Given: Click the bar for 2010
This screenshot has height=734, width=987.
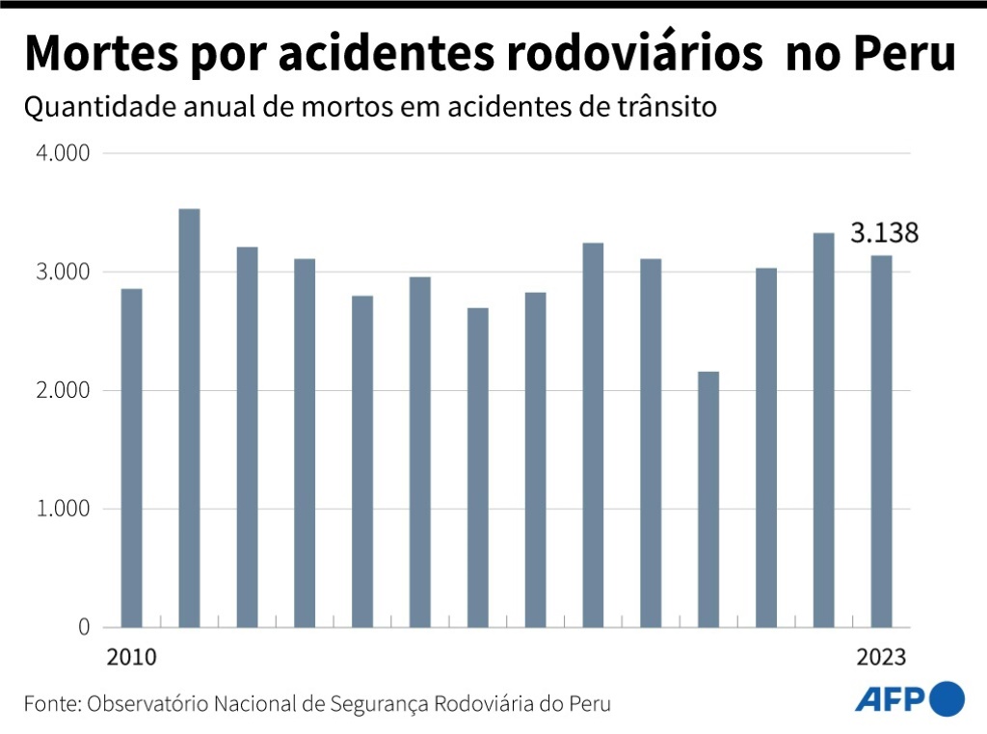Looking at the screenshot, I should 131,458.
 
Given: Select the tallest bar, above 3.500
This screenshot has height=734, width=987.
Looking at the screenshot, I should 189,418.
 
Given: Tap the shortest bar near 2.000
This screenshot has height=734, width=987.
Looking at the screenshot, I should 708,499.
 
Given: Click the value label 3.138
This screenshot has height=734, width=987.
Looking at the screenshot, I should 883,233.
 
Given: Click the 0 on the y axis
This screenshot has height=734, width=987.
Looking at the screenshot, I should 83,627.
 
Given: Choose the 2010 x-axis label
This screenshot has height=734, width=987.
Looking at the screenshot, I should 130,658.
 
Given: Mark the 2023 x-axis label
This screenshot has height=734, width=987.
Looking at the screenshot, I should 882,658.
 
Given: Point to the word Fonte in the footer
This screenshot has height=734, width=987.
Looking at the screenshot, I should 50,703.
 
